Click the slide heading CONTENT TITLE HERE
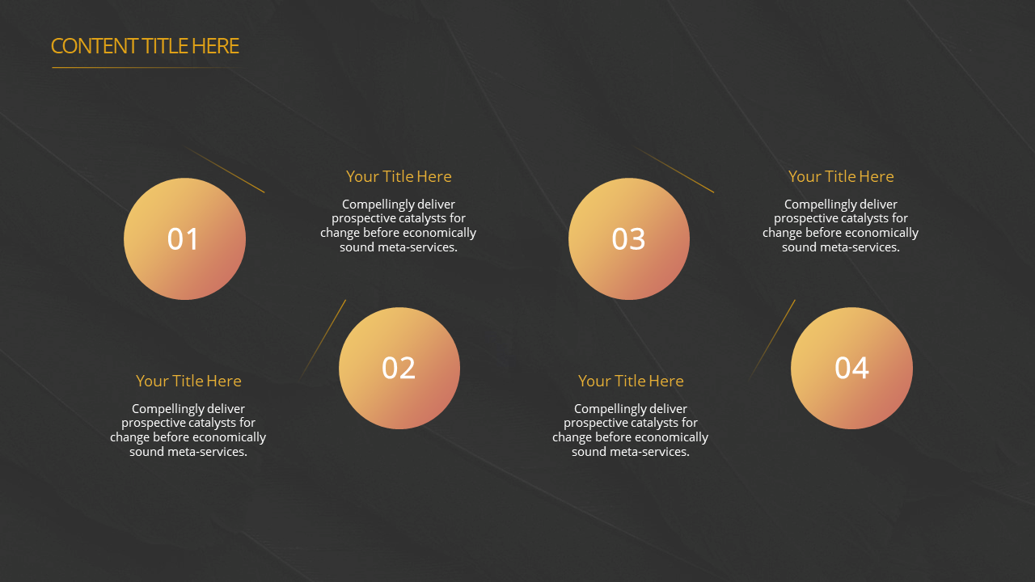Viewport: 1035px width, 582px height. tap(145, 46)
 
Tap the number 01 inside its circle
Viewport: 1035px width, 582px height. tap(183, 239)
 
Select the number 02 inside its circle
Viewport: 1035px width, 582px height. tap(399, 368)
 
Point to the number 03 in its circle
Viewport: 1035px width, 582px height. tap(628, 239)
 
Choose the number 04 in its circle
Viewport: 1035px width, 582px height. tap(851, 368)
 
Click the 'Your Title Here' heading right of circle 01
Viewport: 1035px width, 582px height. tap(399, 176)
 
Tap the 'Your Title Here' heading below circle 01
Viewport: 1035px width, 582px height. tap(188, 381)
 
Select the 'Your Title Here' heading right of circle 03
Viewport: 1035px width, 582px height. tap(841, 176)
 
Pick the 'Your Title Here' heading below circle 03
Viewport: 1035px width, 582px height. tap(631, 381)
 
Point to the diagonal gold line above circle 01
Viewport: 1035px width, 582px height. tap(224, 170)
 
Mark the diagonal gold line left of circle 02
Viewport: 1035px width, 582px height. tap(323, 340)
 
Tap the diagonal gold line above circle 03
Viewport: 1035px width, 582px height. tap(674, 170)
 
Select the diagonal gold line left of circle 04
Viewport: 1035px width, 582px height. tap(772, 340)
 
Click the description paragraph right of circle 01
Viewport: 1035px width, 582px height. tap(399, 226)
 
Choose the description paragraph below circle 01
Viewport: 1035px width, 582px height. tap(188, 430)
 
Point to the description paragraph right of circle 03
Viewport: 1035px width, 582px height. tap(840, 226)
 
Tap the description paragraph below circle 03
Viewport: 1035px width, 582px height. tap(630, 430)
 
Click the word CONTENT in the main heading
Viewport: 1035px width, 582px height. tap(95, 46)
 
